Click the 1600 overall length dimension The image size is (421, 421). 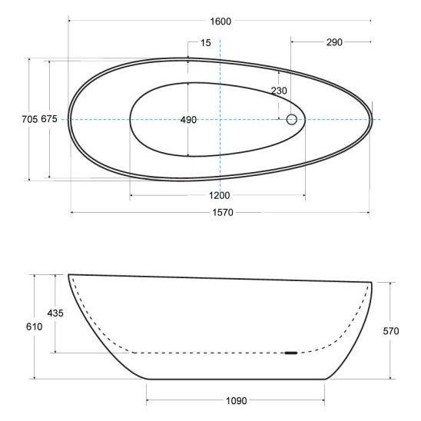(x=220, y=22)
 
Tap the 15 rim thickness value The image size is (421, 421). (x=206, y=43)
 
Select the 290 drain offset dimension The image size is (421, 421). (x=334, y=42)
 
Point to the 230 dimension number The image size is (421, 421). (x=279, y=91)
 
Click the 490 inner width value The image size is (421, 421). (x=188, y=120)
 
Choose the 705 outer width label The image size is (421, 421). (x=29, y=119)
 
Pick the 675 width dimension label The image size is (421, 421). (x=49, y=118)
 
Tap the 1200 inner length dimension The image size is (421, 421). (x=220, y=195)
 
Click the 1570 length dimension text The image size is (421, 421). (x=223, y=213)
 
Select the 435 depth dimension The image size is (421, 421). (x=55, y=313)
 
